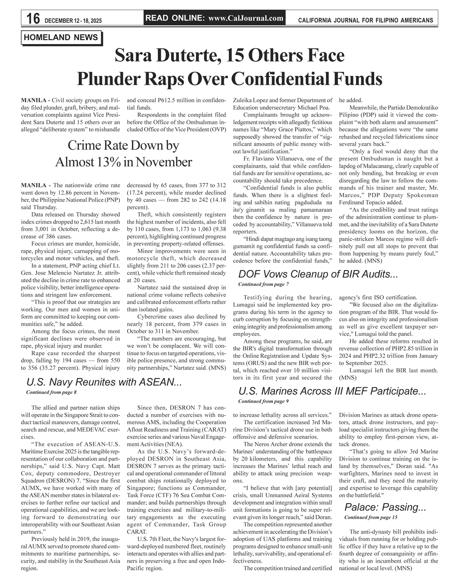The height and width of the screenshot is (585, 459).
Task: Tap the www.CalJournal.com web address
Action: [246, 18]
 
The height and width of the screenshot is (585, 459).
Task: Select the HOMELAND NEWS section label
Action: [61, 38]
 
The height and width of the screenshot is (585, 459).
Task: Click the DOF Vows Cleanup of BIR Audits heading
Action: [318, 274]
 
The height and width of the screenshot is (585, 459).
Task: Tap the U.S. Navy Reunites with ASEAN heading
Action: [103, 382]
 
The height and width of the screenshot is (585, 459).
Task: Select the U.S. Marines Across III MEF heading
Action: [332, 392]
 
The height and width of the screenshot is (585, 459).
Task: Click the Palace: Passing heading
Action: [385, 507]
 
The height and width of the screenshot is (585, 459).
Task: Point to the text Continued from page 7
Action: [263, 284]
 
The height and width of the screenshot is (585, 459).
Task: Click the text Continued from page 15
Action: [371, 517]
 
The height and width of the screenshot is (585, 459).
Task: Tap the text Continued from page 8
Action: [51, 392]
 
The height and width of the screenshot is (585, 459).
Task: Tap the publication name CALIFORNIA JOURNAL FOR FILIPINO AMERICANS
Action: [366, 20]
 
